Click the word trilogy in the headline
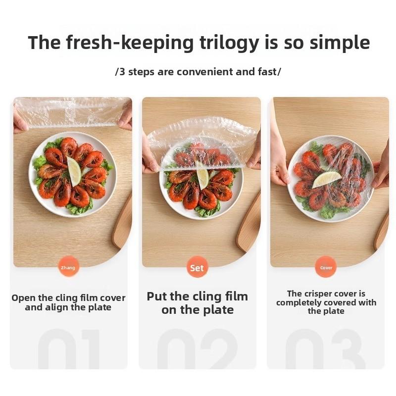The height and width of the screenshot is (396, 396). pyautogui.click(x=229, y=43)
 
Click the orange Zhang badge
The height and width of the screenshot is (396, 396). pyautogui.click(x=68, y=267)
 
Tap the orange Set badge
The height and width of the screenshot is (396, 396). pyautogui.click(x=197, y=267)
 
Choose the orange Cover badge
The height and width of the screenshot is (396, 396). pyautogui.click(x=326, y=267)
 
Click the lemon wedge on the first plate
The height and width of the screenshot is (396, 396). pyautogui.click(x=74, y=171)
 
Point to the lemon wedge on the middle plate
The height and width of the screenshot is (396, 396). pyautogui.click(x=202, y=176)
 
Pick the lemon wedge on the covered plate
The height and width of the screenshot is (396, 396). pyautogui.click(x=327, y=179)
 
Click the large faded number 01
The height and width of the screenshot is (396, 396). pyautogui.click(x=69, y=348)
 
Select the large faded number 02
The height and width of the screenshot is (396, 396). pyautogui.click(x=197, y=348)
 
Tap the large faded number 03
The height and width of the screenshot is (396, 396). pyautogui.click(x=326, y=348)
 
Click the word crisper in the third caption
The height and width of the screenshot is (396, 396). pyautogui.click(x=318, y=294)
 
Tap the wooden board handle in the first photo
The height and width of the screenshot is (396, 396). pyautogui.click(x=122, y=222)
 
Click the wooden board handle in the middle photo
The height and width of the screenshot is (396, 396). pyautogui.click(x=249, y=222)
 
